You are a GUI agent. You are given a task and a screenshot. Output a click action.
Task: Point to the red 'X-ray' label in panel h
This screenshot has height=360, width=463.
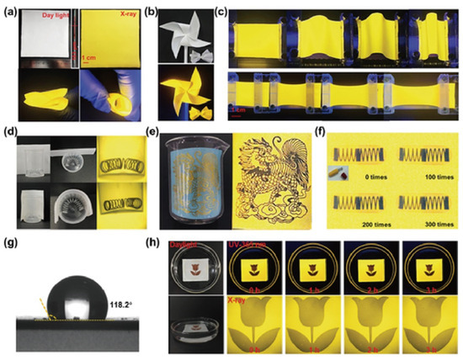pyautogui.click(x=242, y=300)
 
